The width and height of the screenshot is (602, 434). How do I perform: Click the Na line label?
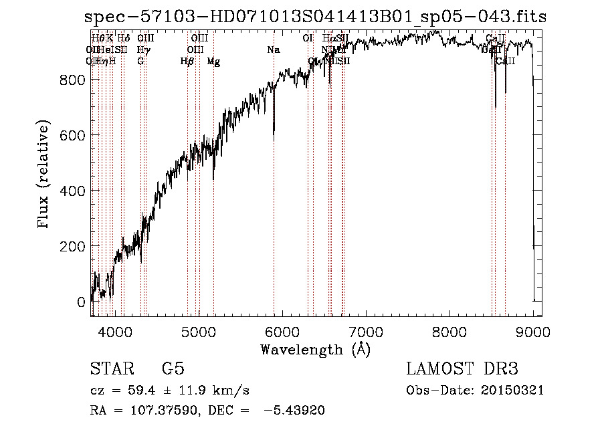tap(273, 50)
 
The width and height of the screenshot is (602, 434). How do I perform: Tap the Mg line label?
tap(213, 62)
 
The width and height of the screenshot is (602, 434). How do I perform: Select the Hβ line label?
tap(187, 62)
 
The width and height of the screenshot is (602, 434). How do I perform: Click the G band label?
tap(140, 62)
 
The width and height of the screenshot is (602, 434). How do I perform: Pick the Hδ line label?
tap(124, 39)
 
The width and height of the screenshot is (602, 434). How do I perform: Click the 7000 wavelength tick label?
tap(366, 331)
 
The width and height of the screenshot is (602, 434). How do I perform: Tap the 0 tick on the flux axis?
tap(81, 302)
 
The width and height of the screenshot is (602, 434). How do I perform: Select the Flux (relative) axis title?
tap(44, 175)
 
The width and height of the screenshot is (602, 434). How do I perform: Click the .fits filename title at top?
tap(316, 17)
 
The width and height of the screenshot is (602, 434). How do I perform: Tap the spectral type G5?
tap(173, 369)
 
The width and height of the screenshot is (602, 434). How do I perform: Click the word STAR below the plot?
tap(110, 369)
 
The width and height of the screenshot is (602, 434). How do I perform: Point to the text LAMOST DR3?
tap(462, 369)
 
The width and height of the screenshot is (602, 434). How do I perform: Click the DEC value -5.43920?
tap(295, 411)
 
